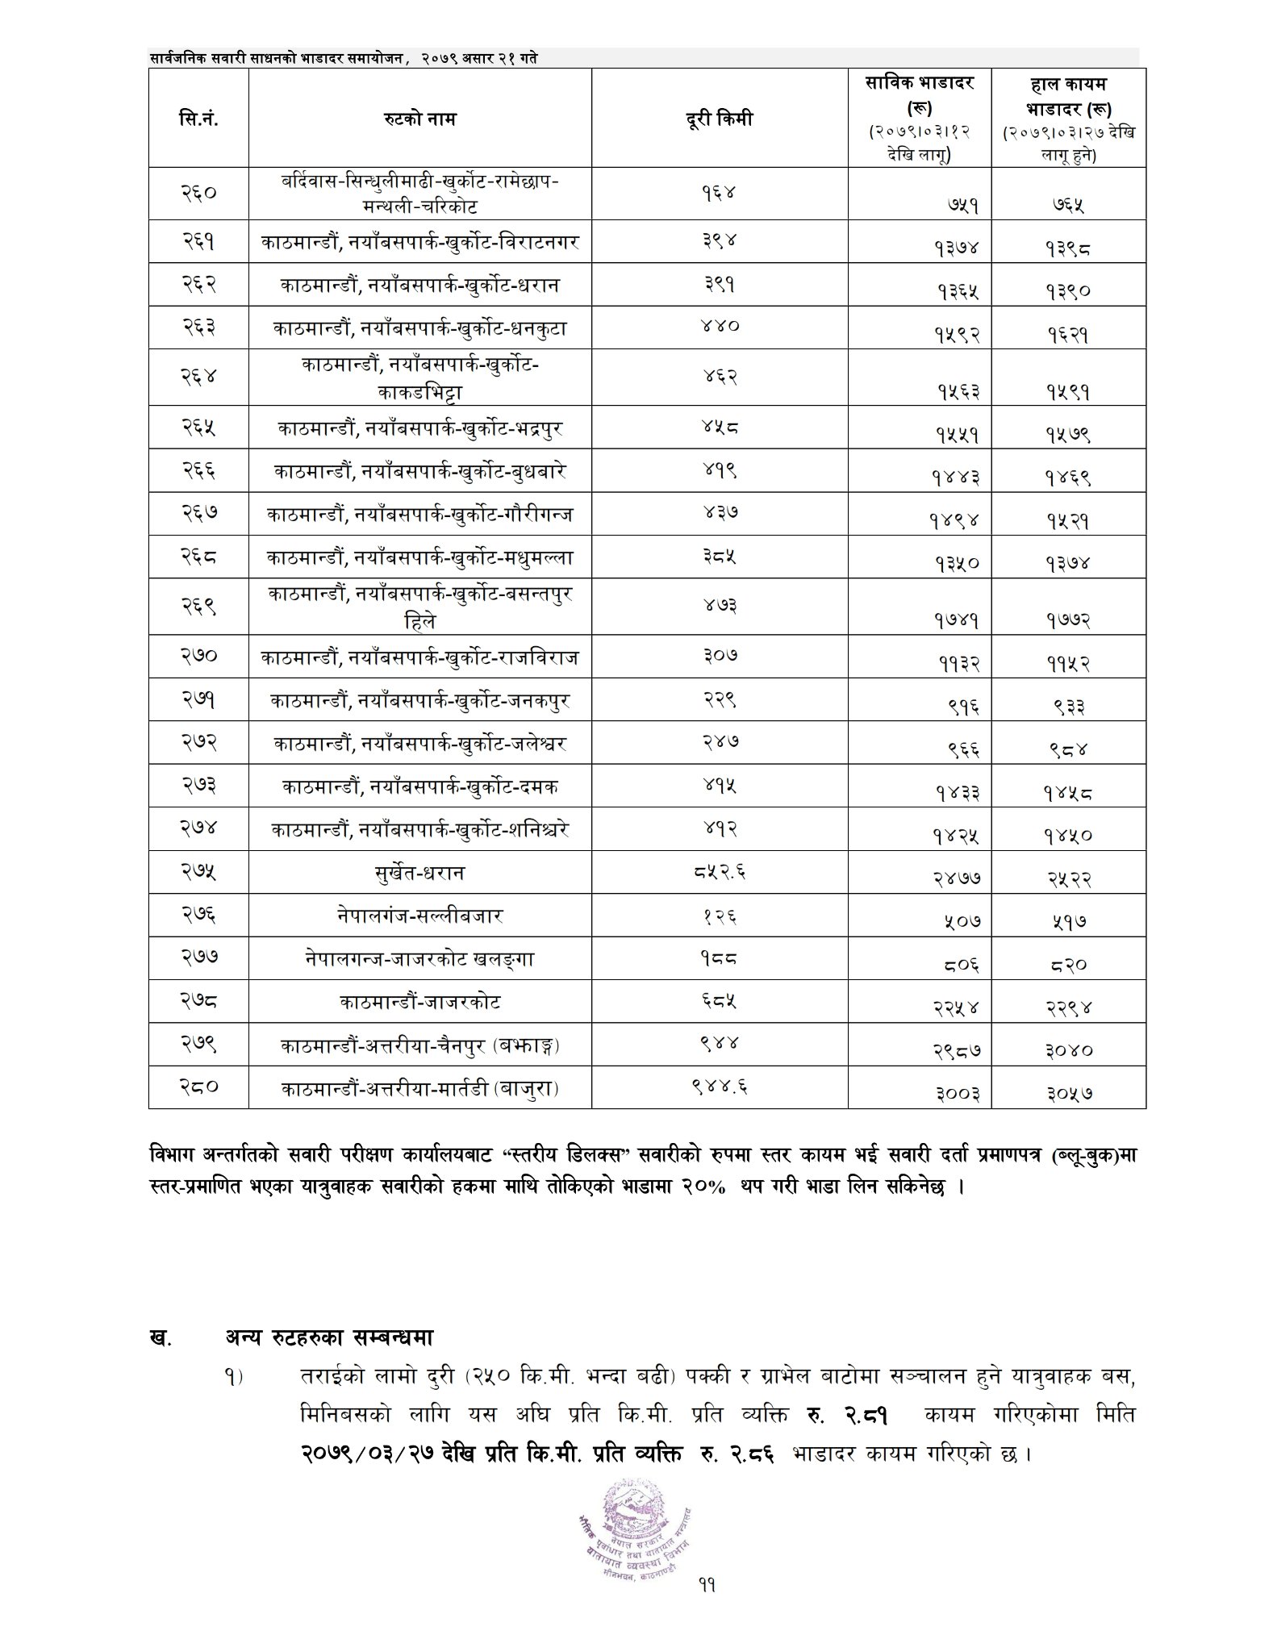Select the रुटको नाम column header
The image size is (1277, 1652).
(419, 119)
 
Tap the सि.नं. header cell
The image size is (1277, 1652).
(198, 119)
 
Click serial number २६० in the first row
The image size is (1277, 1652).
(198, 193)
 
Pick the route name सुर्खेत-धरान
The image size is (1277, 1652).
(419, 872)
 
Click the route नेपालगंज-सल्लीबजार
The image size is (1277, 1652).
(419, 916)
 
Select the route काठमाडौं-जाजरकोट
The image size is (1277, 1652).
(419, 1003)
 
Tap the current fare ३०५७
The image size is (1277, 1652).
(1069, 1094)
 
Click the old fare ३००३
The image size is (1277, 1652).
(958, 1094)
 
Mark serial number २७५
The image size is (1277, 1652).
(198, 871)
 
